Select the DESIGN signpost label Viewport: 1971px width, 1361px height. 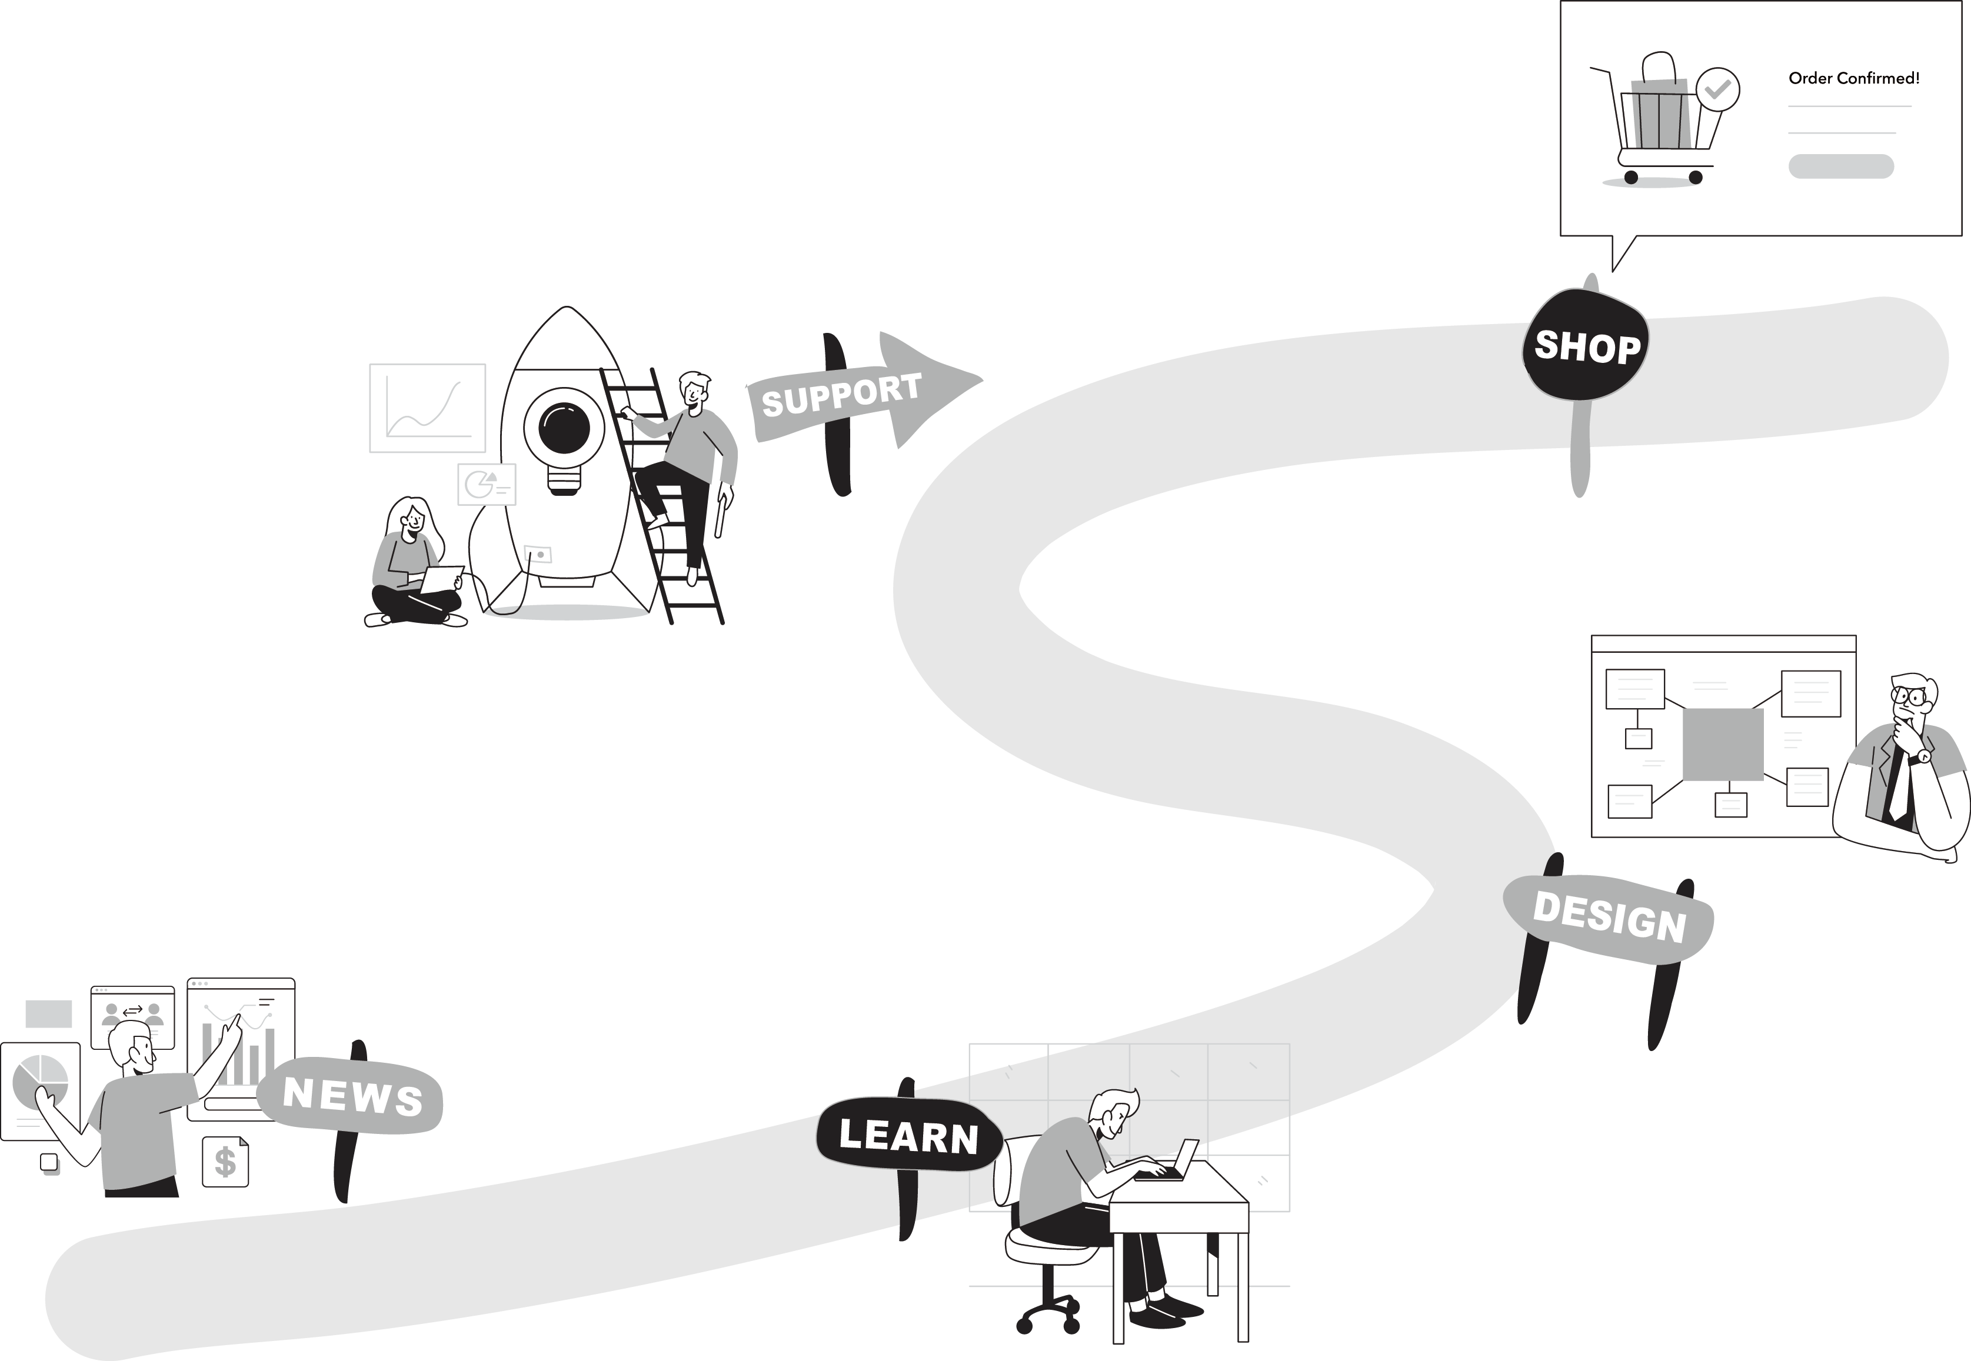pos(1610,918)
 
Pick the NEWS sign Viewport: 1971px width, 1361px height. pos(351,1096)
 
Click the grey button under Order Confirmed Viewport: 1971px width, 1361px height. pos(1840,166)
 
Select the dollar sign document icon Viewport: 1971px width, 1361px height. pos(225,1162)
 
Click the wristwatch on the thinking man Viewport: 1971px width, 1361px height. pos(1920,756)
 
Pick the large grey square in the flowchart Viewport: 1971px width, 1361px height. pos(1722,745)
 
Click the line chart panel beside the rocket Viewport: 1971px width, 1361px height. pos(427,408)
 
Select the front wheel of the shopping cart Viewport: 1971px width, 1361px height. pos(1696,178)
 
